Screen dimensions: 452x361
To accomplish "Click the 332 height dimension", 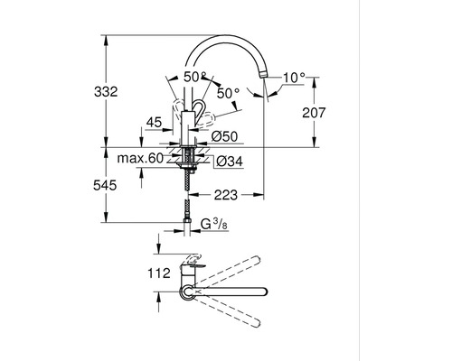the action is coord(106,91).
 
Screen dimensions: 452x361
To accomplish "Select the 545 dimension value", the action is coord(105,185).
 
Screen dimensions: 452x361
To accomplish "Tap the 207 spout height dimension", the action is coord(314,113).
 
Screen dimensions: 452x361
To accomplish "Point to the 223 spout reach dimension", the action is coord(226,195).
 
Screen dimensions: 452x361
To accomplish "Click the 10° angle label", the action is coord(294,78).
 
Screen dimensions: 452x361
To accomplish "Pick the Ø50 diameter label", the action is coord(224,136).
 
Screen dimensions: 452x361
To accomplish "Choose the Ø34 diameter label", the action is coord(230,162).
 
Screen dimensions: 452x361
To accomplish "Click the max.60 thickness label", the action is coord(140,158).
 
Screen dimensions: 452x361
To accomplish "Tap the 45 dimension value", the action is coord(154,123).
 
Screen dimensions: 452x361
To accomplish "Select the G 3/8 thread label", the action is coord(214,224).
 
